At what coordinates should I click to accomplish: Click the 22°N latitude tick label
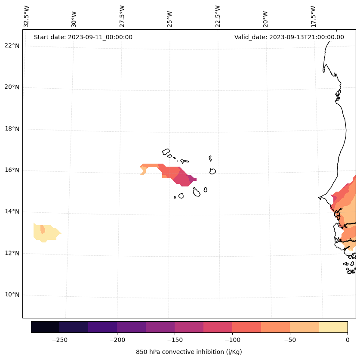tap(11, 46)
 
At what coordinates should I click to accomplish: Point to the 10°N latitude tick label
tap(11, 295)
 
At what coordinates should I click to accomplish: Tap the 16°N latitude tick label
tap(11, 170)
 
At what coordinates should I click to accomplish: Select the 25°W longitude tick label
tap(170, 16)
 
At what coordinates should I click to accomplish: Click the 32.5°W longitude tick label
tap(26, 16)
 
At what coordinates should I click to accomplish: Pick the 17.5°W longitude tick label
tap(313, 16)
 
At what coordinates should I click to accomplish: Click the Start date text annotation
tap(83, 37)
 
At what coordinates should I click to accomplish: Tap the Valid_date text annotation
tap(289, 37)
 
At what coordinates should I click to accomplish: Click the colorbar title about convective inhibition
tap(189, 352)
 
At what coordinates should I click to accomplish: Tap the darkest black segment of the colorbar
tap(45, 327)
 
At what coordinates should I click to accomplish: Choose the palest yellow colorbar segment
tap(333, 327)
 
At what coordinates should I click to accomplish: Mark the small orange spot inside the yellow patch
tap(43, 229)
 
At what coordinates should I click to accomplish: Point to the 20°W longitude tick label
tap(265, 16)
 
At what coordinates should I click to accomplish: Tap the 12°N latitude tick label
tap(11, 253)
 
